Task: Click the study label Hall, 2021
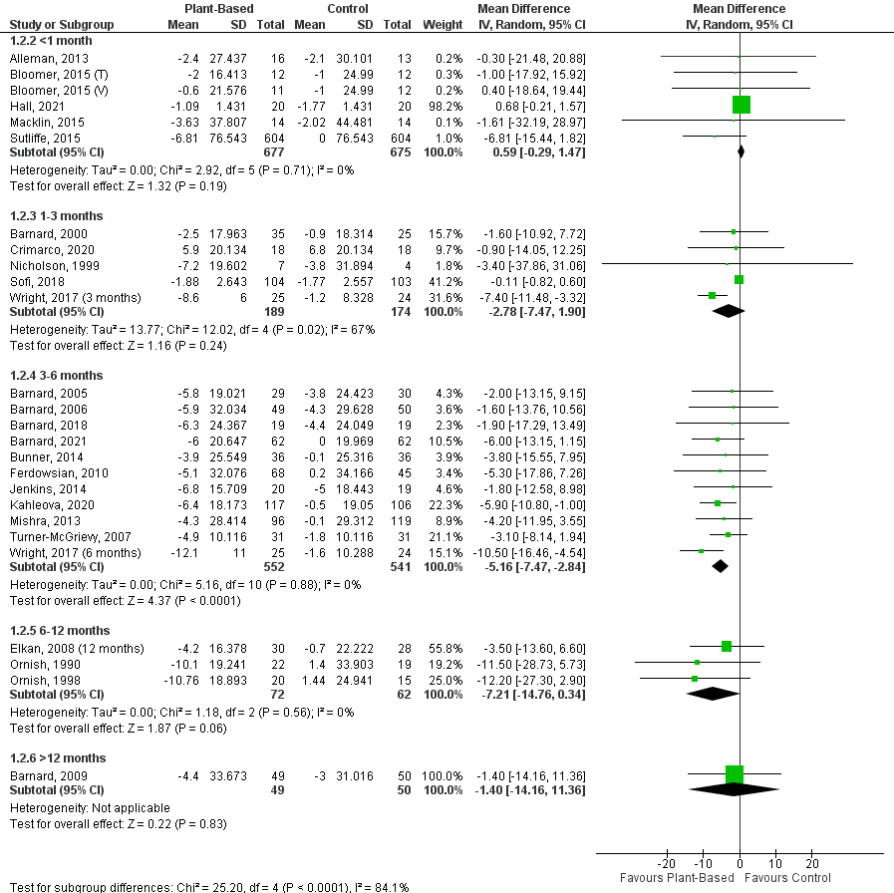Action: tap(31, 106)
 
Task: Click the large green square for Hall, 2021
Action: tap(741, 105)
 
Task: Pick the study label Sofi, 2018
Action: tap(30, 280)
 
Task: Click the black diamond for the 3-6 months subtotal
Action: tap(720, 566)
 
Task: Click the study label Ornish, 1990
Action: tap(37, 662)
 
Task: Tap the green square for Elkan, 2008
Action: tap(727, 646)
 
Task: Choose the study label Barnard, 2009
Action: tap(39, 774)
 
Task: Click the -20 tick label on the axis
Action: tap(666, 863)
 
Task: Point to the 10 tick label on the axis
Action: tap(776, 863)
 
